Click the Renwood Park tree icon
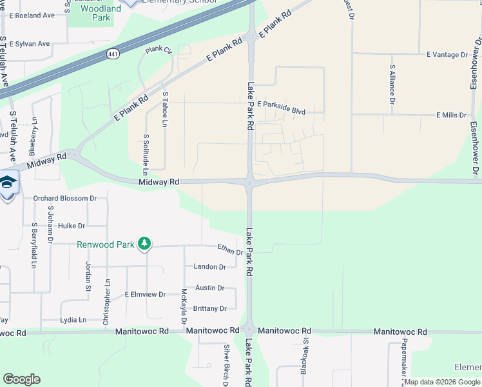click(x=146, y=243)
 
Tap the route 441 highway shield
click(x=113, y=55)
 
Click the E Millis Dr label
click(x=451, y=115)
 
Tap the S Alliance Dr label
click(x=392, y=84)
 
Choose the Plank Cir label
click(x=159, y=50)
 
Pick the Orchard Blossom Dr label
click(x=64, y=198)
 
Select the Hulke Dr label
click(x=72, y=226)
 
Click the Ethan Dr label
click(x=230, y=250)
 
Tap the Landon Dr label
click(x=210, y=266)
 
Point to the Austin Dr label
click(x=209, y=288)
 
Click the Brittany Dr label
click(x=210, y=308)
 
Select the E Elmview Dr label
click(x=145, y=294)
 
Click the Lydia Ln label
click(x=73, y=320)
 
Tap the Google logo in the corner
click(x=21, y=379)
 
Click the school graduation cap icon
click(x=8, y=183)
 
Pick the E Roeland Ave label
click(x=32, y=15)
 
